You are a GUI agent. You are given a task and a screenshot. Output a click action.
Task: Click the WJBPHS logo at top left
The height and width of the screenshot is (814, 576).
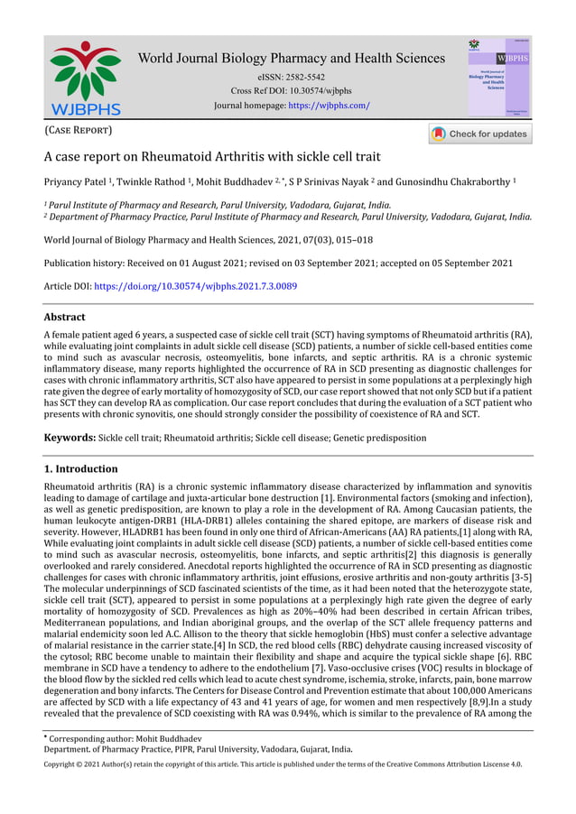[85, 77]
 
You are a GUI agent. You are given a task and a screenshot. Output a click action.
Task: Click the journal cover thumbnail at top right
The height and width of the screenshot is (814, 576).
[498, 77]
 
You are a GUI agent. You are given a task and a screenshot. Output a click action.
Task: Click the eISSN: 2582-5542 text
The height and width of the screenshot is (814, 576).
[291, 78]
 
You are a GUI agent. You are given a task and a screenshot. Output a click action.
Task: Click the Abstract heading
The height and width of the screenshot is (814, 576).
[65, 318]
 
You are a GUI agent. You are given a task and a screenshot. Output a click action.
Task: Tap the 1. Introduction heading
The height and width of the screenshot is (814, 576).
[81, 469]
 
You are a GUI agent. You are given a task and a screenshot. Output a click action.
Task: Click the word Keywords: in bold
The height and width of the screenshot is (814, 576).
[70, 438]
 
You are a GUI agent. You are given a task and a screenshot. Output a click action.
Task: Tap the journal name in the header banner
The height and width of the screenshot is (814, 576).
[291, 59]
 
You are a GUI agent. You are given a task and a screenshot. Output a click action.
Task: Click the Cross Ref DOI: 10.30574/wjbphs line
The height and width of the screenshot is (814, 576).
[291, 91]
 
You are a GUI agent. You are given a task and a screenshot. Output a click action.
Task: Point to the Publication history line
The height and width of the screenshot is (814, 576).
[278, 264]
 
